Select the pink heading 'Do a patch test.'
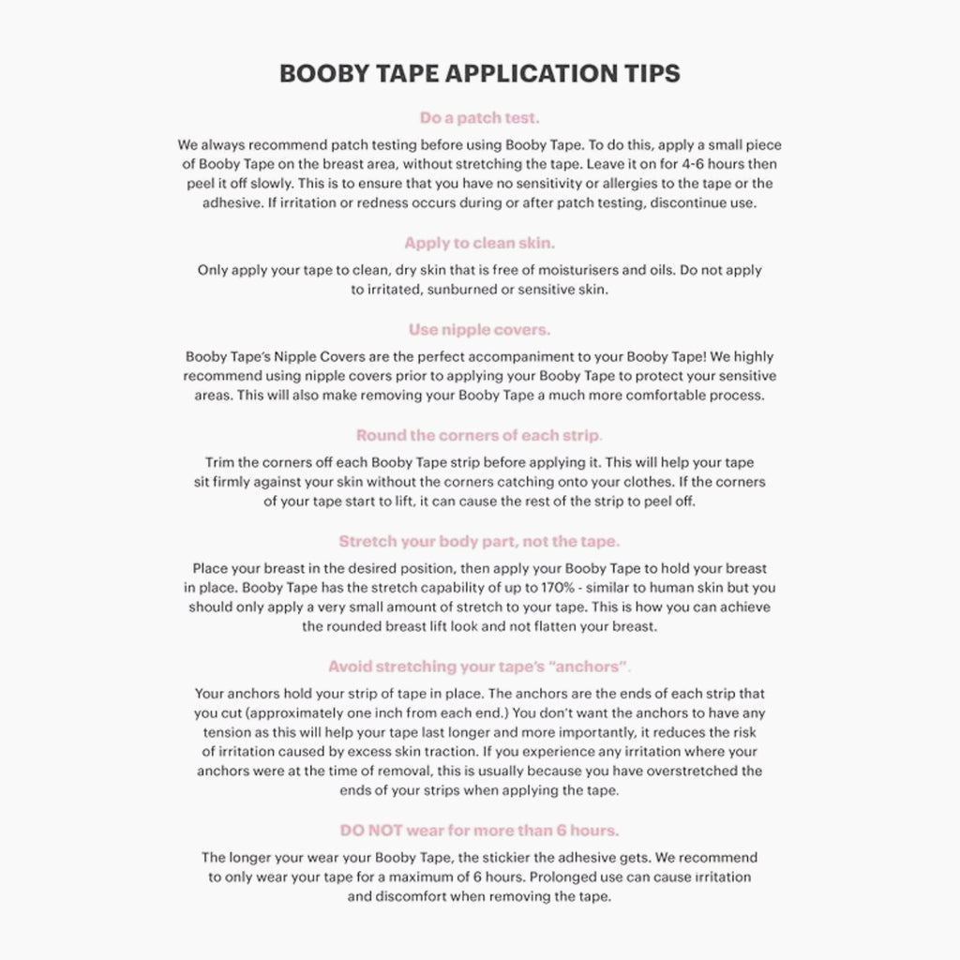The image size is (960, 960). tap(479, 118)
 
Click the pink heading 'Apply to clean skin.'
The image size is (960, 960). tap(479, 243)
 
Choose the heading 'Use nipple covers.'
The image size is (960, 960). tap(479, 329)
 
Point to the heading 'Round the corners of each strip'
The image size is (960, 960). tap(478, 435)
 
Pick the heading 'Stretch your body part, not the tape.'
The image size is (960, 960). tap(479, 541)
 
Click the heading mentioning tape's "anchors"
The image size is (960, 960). tap(478, 667)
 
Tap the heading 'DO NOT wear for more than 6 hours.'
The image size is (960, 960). tap(479, 831)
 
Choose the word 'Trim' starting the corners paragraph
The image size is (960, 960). tap(220, 463)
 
